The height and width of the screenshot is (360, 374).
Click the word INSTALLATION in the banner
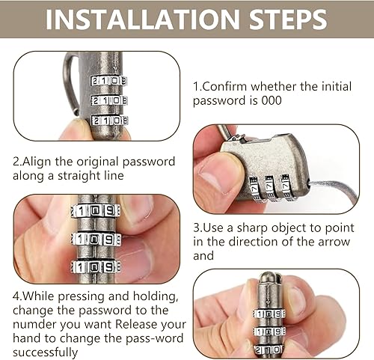(x=143, y=19)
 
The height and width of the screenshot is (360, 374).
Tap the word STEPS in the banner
(x=288, y=19)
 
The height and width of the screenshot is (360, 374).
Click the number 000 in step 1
(x=272, y=100)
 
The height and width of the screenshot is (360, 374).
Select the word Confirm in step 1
(x=226, y=86)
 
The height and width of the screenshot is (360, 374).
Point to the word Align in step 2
(x=37, y=162)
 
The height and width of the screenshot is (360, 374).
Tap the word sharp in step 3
(x=252, y=228)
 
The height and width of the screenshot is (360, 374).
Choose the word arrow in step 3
(x=334, y=242)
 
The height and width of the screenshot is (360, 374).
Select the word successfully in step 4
(x=45, y=353)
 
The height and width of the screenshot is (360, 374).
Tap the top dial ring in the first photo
(x=108, y=81)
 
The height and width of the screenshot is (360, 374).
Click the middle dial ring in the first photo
(x=109, y=101)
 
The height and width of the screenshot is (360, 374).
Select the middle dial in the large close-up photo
(x=96, y=240)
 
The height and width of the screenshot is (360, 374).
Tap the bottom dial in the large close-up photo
(x=96, y=268)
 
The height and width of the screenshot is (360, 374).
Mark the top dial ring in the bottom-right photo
(x=269, y=314)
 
